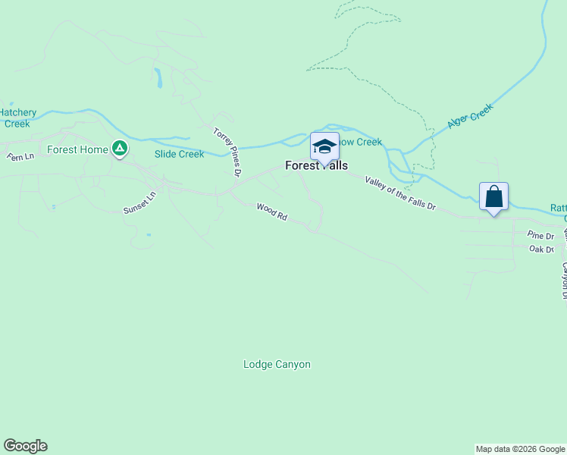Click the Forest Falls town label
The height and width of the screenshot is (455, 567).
tap(316, 165)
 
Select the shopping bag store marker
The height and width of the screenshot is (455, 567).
tap(493, 196)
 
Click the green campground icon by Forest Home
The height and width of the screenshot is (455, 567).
tap(119, 149)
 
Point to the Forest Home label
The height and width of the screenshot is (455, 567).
tap(77, 149)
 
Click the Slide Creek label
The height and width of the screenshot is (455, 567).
tap(179, 154)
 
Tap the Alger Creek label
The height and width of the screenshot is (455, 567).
tap(470, 116)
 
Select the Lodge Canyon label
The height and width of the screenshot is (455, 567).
tap(277, 364)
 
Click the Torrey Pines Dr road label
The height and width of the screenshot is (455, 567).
tap(227, 152)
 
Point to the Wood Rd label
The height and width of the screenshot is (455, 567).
tap(271, 212)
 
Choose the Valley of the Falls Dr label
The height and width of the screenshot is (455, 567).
tap(400, 193)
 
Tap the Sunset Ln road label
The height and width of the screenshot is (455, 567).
tap(139, 201)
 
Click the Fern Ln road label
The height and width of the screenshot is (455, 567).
tap(20, 157)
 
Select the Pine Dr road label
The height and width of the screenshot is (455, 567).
tap(541, 237)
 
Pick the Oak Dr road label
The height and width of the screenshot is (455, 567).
tap(541, 249)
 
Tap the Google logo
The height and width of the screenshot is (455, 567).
tap(25, 446)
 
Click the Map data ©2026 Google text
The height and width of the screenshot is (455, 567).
tap(520, 449)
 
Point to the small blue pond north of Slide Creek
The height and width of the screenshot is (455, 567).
tap(158, 77)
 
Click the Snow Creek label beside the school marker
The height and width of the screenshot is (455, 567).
tap(361, 142)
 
